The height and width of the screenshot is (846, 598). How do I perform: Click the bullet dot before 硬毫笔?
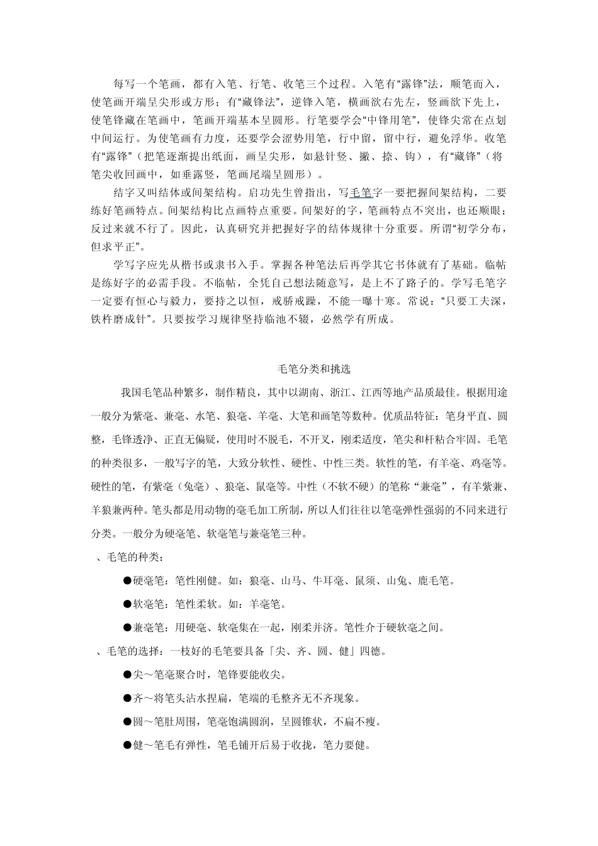coord(127,580)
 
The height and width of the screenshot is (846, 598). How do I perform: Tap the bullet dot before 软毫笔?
coord(127,604)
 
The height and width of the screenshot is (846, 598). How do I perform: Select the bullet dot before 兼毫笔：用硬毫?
coord(127,627)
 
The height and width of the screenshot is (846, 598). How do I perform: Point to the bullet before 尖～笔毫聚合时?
coord(127,674)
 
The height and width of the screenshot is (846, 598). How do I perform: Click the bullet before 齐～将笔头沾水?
coord(127,698)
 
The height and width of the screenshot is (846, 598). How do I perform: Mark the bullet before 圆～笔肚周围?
coord(127,721)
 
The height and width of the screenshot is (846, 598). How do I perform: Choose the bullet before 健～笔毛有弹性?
coord(127,745)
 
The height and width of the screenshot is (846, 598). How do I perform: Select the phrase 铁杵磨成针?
coord(118,319)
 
